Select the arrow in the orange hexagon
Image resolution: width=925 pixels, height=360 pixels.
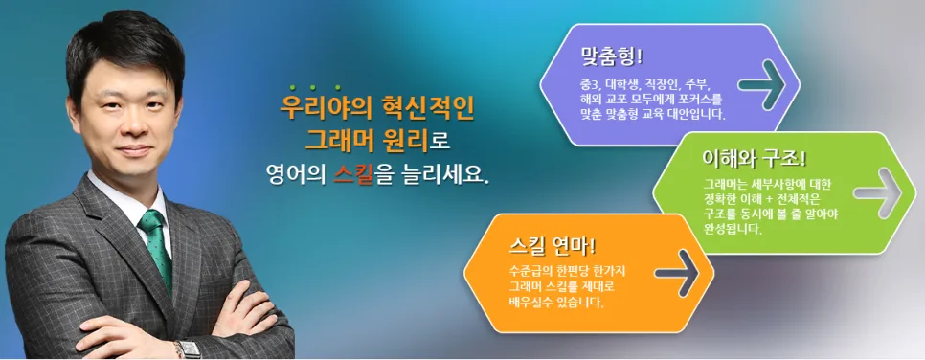coord(678,273)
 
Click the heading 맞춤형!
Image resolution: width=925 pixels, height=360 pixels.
coord(611,56)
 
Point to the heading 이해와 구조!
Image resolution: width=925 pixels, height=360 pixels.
coord(755,159)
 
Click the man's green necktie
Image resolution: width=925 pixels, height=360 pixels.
coord(156,248)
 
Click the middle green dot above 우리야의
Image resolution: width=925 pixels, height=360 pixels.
coord(313,88)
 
